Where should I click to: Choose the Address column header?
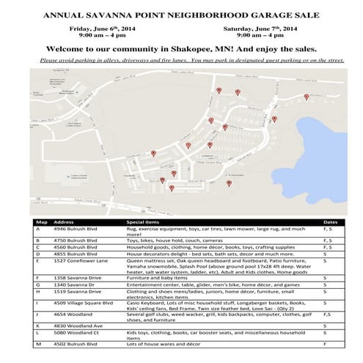tap(64, 221)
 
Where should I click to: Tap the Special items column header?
tap(142, 221)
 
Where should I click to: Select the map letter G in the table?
tap(37, 285)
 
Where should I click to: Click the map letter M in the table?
tap(37, 344)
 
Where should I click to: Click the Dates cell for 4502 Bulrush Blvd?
tap(325, 344)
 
